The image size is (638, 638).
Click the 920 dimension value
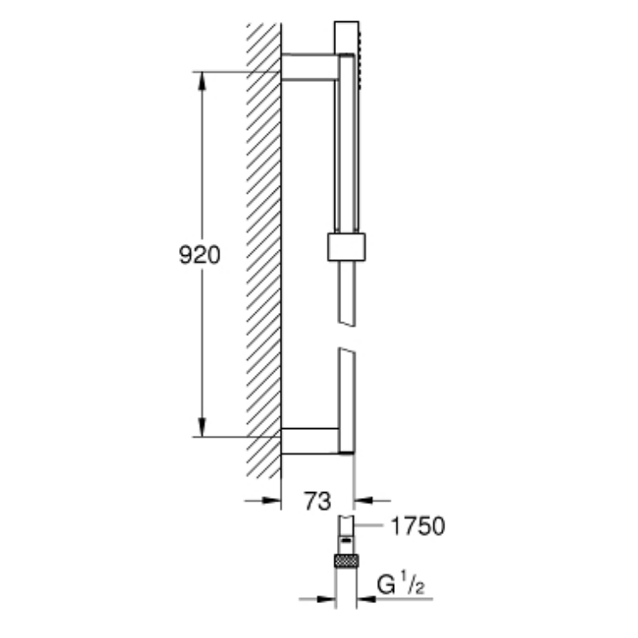(200, 254)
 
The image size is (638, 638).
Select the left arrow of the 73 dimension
(272, 501)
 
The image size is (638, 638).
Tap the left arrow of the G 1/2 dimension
(325, 600)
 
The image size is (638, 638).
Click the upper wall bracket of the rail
(310, 68)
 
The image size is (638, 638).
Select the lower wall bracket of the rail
(310, 439)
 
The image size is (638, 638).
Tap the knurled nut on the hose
(345, 561)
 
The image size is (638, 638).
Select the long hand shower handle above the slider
(346, 145)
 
